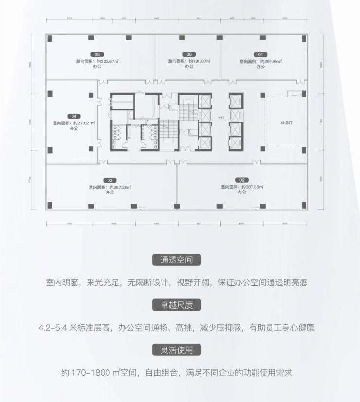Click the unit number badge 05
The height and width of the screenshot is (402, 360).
coord(97,54)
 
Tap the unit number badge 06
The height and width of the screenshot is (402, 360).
coord(189,54)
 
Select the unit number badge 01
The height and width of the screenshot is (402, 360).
coord(261,54)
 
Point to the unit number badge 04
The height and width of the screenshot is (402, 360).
coord(74,116)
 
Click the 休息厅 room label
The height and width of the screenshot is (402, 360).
coord(286,123)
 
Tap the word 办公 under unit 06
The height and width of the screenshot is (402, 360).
coord(189,68)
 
